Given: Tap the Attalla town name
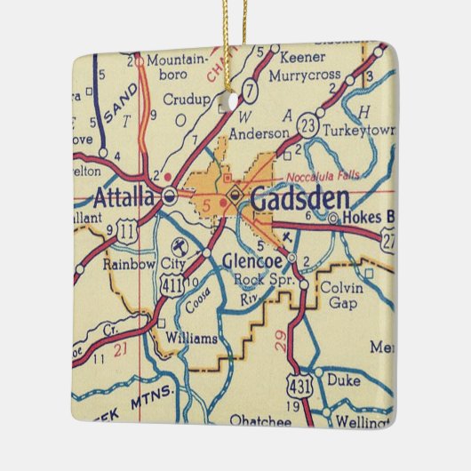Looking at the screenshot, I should click(125, 197).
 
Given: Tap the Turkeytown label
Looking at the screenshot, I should click(359, 129).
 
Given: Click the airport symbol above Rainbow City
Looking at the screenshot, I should click(176, 243).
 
